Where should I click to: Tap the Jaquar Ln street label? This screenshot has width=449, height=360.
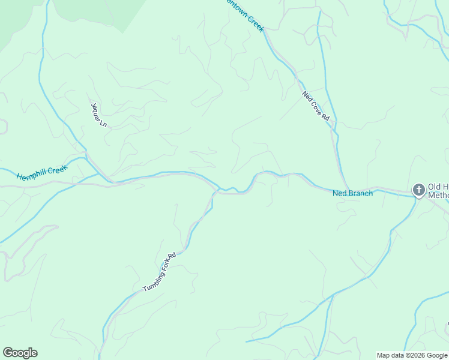click(x=98, y=114)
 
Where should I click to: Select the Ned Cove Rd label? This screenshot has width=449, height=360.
click(x=316, y=106)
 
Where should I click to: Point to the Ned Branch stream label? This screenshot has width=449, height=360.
click(x=352, y=193)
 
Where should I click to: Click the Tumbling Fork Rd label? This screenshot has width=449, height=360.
click(x=159, y=272)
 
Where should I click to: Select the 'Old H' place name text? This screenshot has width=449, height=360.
click(x=438, y=187)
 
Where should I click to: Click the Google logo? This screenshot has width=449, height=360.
click(x=20, y=353)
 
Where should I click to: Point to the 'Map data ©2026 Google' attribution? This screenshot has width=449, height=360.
click(x=412, y=355)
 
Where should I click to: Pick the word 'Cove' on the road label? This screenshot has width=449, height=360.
click(x=316, y=106)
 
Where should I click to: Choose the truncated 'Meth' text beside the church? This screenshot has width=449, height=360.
click(x=438, y=195)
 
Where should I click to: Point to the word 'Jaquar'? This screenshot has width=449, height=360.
click(x=96, y=110)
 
